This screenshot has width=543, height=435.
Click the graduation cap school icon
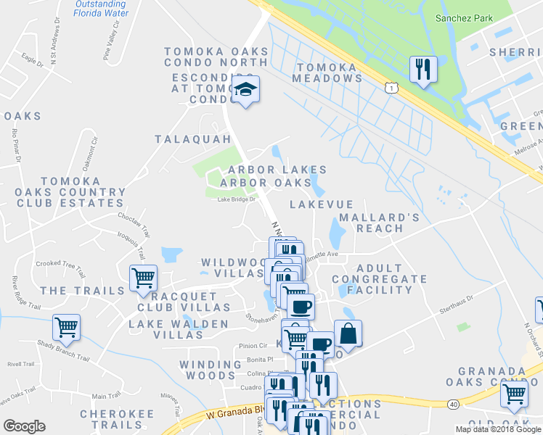pyautogui.click(x=246, y=90)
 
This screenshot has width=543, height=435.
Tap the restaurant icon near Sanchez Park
pyautogui.click(x=423, y=70)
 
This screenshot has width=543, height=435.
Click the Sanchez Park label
pyautogui.click(x=463, y=18)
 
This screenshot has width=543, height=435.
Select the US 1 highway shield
pyautogui.click(x=392, y=87)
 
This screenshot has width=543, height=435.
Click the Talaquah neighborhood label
pyautogui.click(x=192, y=138)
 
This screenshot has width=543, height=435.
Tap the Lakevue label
pyautogui.click(x=321, y=205)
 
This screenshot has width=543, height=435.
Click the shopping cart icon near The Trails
pyautogui.click(x=143, y=277)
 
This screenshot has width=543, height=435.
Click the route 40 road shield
pyautogui.click(x=453, y=404)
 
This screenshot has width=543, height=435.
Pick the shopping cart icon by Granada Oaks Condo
pyautogui.click(x=514, y=394)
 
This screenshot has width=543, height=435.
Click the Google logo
pyautogui.click(x=24, y=426)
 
